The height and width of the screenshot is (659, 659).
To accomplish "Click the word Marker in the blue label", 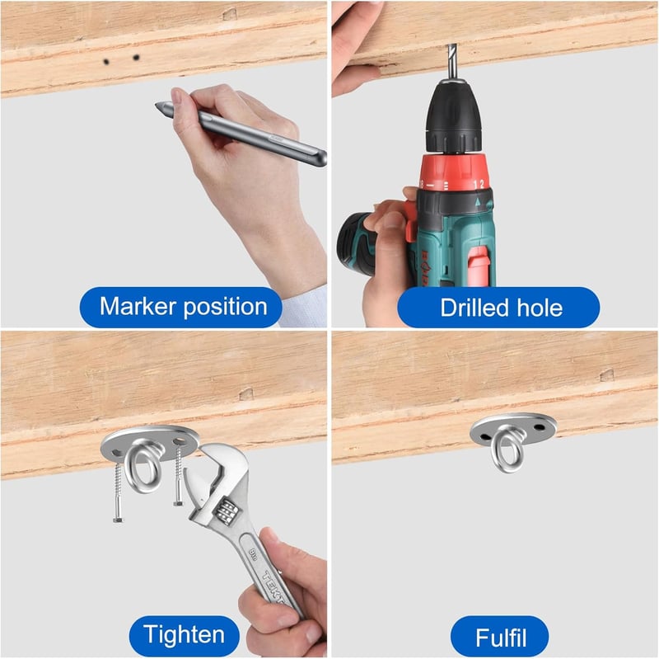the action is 138,306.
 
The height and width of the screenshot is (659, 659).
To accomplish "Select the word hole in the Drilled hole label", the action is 540,308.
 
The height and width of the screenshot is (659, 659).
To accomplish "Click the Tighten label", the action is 184,635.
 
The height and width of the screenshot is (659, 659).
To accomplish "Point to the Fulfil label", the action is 500,637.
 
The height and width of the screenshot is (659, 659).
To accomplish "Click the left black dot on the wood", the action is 106,62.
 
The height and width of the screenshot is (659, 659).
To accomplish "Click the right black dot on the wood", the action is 136,57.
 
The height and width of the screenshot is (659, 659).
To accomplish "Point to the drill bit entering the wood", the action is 452,61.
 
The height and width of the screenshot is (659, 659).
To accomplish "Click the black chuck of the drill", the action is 453,116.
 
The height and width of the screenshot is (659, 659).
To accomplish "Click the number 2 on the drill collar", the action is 482,184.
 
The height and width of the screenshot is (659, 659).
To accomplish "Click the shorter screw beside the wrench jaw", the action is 179,476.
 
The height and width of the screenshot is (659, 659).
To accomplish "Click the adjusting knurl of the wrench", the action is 226,511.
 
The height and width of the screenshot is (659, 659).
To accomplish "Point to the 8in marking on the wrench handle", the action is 253,551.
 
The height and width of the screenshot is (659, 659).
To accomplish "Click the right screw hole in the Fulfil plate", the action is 540,428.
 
